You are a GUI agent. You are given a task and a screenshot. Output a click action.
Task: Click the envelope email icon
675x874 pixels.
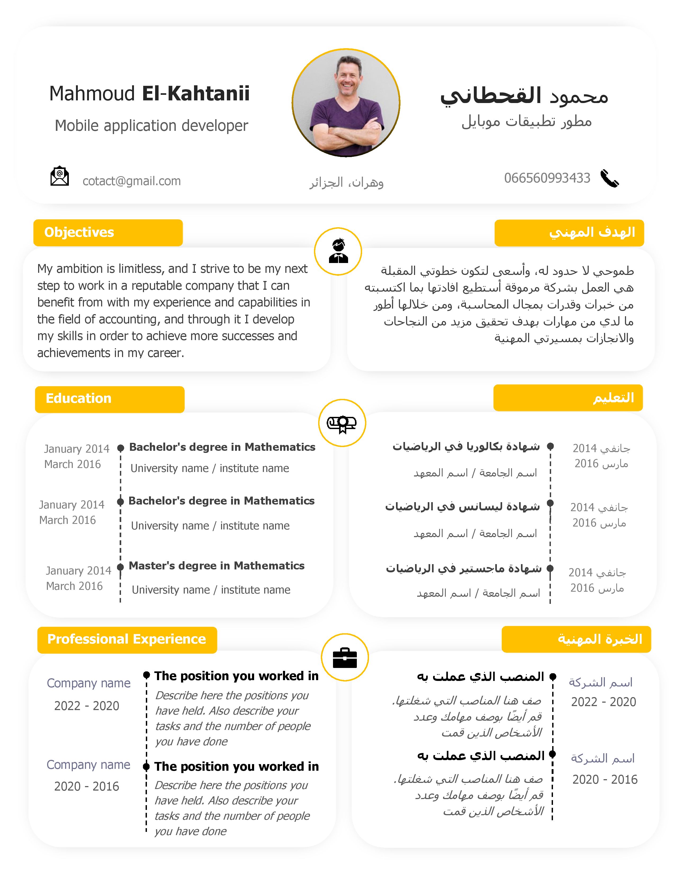[60, 176]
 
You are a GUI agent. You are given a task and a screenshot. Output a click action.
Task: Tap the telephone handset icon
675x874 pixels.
[609, 179]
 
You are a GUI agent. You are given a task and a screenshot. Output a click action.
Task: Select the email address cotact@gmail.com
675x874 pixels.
[132, 181]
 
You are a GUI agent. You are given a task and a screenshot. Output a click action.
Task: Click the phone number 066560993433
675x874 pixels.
[547, 178]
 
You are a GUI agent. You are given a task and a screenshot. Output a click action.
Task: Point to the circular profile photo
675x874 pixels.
[346, 103]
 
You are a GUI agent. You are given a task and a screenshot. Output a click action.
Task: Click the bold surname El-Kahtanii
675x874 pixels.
[196, 94]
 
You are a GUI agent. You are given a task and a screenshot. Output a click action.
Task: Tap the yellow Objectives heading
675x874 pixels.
[79, 233]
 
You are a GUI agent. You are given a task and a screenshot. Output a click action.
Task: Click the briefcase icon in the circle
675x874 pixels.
[345, 658]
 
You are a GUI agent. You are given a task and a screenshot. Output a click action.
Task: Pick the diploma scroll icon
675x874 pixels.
[342, 423]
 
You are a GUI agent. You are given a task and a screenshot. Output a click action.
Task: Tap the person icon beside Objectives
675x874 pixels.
[338, 251]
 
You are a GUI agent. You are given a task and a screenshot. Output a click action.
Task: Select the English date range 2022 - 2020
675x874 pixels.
[87, 706]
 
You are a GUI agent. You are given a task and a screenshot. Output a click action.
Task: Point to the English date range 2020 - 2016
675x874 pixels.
[87, 786]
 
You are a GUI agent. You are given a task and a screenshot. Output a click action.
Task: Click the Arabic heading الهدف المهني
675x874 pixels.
[592, 233]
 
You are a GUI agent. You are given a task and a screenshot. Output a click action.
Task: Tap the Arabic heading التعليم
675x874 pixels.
[613, 398]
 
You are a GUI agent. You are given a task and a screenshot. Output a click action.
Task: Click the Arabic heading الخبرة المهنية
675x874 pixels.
[600, 639]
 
